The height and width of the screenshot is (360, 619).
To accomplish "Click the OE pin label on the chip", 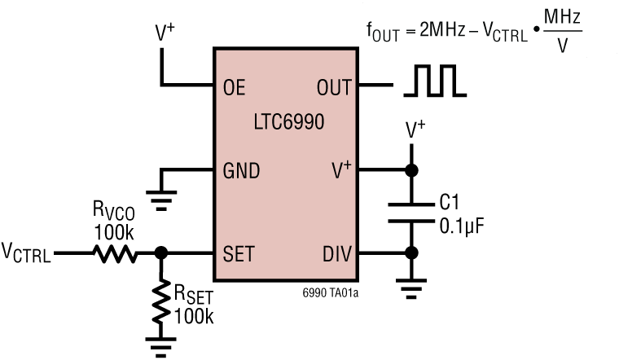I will [234, 86].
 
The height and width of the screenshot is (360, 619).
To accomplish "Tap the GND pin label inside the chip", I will [241, 171].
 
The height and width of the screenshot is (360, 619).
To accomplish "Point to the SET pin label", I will [238, 254].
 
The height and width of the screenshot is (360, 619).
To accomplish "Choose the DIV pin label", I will [336, 254].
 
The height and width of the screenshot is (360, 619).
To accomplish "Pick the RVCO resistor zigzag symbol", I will [116, 254].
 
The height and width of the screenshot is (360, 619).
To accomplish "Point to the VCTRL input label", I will [26, 255].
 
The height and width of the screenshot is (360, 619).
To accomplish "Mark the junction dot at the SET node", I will [161, 254].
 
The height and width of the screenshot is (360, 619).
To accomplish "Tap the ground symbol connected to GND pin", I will [161, 194].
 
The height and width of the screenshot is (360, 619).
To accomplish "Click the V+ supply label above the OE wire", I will [165, 33].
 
